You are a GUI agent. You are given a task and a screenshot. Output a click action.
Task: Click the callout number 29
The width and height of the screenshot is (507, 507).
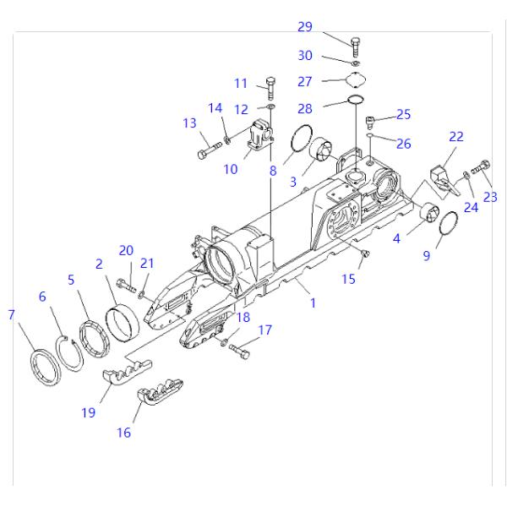point(305,28)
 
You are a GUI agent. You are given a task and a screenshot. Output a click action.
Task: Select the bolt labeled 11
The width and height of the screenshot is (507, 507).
point(270,87)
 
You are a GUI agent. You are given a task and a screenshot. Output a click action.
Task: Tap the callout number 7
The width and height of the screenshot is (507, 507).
point(11,315)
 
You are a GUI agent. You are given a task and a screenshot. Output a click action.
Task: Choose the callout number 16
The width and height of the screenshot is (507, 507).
point(124,433)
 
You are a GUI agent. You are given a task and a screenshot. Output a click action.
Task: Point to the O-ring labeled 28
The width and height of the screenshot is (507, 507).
point(359,105)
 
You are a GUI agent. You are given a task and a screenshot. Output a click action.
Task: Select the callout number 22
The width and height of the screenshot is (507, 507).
point(456,136)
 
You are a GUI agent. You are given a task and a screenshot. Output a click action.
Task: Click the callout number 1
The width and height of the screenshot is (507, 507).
point(313,303)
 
